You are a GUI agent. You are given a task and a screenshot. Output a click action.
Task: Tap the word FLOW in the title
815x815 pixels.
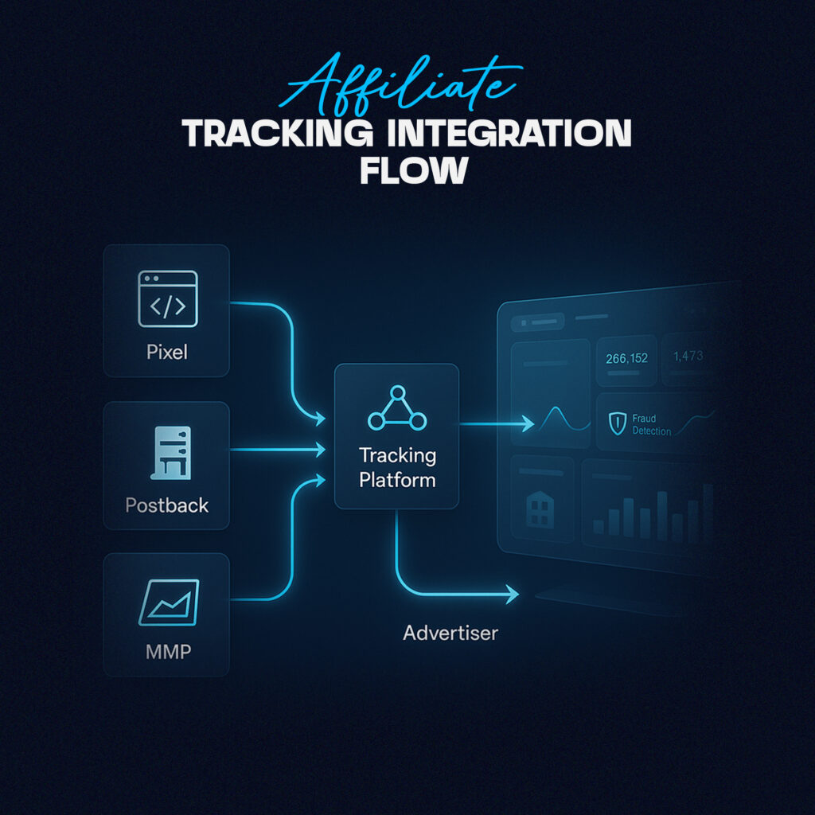point(414,170)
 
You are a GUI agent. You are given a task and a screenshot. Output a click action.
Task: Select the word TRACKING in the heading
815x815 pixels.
point(278,133)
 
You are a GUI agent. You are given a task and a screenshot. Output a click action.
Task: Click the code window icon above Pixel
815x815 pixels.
point(167,298)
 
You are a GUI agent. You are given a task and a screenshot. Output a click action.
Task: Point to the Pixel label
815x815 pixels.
point(167,352)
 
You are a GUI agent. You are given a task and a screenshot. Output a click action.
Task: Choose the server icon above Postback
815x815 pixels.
point(171,453)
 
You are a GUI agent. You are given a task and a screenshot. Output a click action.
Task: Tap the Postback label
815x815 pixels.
point(167,505)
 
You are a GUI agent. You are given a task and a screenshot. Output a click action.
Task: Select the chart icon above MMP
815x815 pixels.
point(169,602)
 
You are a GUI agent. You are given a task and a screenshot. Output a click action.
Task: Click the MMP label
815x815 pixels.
point(169,651)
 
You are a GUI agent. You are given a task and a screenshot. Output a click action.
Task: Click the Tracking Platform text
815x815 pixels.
point(398,467)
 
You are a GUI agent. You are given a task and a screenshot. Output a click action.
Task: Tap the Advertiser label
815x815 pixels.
point(450,633)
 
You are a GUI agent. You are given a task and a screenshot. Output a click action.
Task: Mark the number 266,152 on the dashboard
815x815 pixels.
point(627,358)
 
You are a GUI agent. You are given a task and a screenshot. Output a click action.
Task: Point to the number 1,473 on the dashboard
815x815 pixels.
point(688,356)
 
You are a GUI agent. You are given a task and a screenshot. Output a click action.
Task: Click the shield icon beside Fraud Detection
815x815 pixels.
point(618,423)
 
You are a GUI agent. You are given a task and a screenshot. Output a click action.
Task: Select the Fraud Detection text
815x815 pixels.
point(651,425)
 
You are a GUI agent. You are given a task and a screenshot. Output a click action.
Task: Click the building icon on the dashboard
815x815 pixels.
point(540,509)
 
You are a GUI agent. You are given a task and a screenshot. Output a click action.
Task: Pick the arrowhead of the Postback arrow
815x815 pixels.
point(318,449)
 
